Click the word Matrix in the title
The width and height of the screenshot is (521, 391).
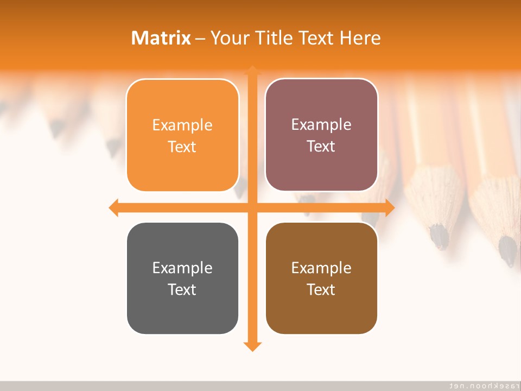click(161, 38)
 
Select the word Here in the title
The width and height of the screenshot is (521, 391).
click(360, 38)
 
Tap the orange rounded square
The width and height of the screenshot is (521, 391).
click(182, 135)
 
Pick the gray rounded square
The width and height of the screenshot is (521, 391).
click(182, 278)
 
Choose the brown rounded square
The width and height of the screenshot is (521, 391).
click(321, 278)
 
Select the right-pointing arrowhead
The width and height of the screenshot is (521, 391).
click(390, 207)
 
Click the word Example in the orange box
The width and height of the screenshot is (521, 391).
click(182, 125)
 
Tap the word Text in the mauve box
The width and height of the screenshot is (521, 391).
click(321, 147)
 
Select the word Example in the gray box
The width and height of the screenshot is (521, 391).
click(182, 268)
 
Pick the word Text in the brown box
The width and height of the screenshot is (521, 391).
click(321, 289)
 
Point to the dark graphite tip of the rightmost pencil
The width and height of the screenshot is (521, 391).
click(509, 251)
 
